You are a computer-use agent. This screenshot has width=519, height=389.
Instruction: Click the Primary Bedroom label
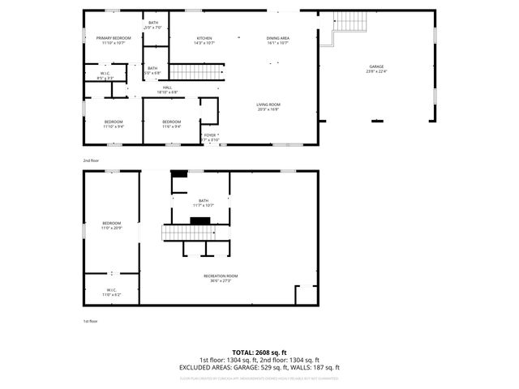[114, 41]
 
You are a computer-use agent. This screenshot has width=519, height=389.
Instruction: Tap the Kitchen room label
[204, 41]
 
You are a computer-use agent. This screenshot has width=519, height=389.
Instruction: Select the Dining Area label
[277, 41]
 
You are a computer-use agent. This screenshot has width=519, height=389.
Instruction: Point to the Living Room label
[268, 107]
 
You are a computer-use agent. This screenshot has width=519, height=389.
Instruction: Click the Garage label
[376, 68]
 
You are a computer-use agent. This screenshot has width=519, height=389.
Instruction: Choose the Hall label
[167, 89]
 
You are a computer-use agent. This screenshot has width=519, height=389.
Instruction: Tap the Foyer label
[209, 137]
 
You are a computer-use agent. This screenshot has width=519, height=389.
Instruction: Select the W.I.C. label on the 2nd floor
[94, 77]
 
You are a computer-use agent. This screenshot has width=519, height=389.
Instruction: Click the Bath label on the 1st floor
[204, 203]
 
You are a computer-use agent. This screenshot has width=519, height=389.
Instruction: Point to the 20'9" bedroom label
[111, 225]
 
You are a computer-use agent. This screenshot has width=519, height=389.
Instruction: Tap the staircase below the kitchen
[195, 73]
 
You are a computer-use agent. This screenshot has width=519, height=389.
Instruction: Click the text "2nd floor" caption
[90, 160]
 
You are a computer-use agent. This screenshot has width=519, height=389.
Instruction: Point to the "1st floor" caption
[90, 322]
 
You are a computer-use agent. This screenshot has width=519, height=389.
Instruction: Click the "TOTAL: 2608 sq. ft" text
[259, 353]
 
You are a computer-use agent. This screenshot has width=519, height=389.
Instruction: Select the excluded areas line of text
[259, 367]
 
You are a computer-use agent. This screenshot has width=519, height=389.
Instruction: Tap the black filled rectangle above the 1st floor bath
[179, 173]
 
